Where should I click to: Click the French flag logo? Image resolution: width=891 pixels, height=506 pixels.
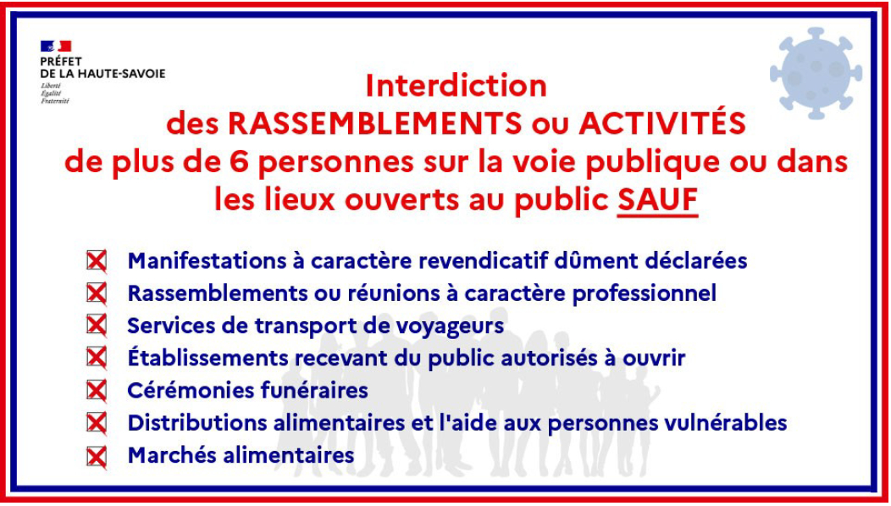click(x=56, y=47)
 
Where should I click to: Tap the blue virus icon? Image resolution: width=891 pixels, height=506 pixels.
click(x=816, y=73)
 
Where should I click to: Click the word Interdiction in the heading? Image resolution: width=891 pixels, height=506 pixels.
click(x=457, y=86)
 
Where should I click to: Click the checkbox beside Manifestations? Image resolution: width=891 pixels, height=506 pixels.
click(x=97, y=261)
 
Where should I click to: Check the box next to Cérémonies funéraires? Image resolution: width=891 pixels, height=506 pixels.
click(x=97, y=392)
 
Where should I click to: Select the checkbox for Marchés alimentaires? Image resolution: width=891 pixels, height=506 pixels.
click(x=97, y=457)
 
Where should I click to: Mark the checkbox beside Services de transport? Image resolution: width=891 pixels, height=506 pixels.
click(x=97, y=325)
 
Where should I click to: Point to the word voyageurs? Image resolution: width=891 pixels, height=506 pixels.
click(x=447, y=327)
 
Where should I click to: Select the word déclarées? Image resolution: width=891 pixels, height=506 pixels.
click(x=689, y=261)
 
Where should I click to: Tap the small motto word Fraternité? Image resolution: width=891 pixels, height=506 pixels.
click(x=54, y=101)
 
